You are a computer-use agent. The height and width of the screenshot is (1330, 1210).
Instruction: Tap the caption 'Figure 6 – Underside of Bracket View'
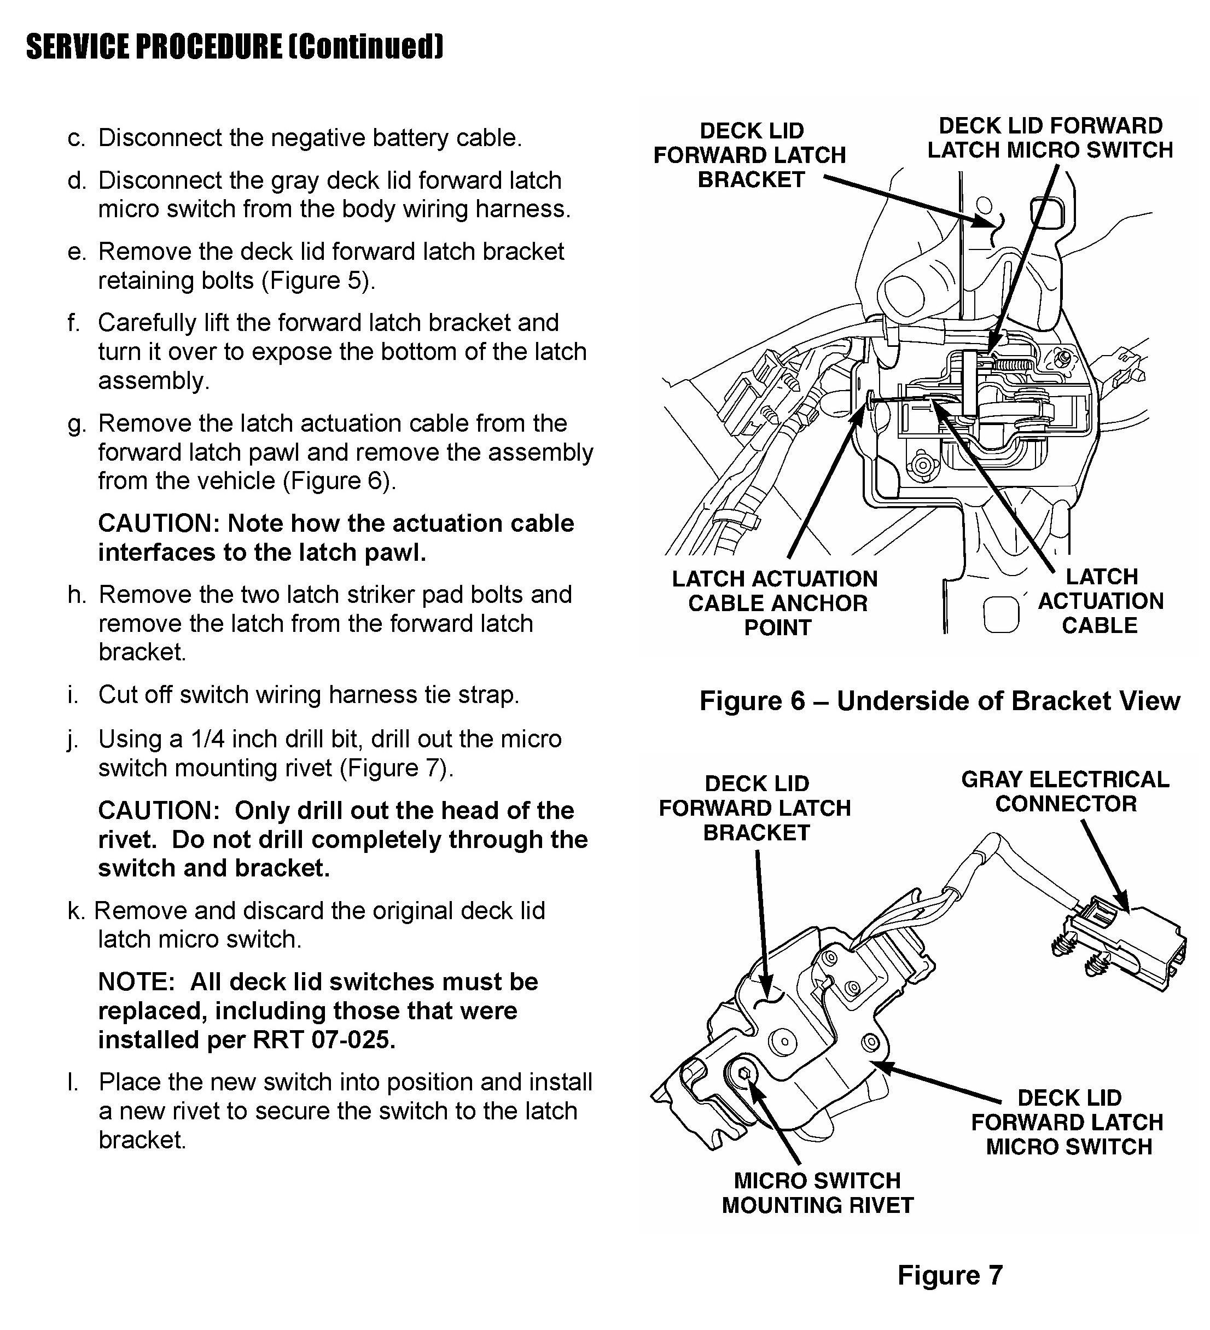point(939,701)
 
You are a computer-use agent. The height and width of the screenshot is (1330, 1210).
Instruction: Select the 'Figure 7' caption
point(950,1275)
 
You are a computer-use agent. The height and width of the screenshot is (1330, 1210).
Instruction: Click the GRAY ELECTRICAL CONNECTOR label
point(1065,792)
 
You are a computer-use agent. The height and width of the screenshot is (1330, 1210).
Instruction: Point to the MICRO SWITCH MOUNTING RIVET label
point(817,1193)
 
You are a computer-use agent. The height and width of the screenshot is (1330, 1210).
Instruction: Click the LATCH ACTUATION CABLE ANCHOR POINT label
point(776,603)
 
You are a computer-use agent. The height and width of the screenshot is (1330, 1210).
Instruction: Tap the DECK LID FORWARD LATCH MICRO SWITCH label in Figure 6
point(1050,138)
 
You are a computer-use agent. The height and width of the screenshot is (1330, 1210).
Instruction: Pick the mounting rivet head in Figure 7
point(742,1075)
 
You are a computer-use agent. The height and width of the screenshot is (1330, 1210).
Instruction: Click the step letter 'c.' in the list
point(76,138)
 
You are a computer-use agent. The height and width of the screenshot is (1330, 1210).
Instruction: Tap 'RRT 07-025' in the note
point(324,1039)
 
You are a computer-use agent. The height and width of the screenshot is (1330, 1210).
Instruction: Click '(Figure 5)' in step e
point(318,280)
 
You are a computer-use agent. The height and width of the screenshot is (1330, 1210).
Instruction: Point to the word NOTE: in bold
point(136,981)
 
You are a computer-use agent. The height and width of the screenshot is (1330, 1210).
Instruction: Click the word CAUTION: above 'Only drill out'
point(158,810)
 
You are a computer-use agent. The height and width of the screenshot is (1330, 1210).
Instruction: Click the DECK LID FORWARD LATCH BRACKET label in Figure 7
point(755,808)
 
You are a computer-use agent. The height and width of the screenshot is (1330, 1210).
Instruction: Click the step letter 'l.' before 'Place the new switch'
point(73,1082)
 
